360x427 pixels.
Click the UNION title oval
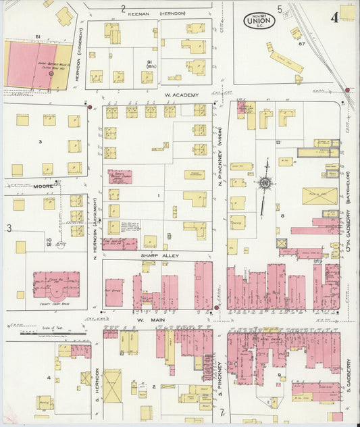click(x=259, y=21)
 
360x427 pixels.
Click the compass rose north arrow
click(x=265, y=182)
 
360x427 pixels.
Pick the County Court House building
click(x=57, y=284)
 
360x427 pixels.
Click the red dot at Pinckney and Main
click(x=215, y=308)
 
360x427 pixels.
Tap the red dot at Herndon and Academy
click(x=89, y=106)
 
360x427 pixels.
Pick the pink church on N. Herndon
click(x=120, y=176)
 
